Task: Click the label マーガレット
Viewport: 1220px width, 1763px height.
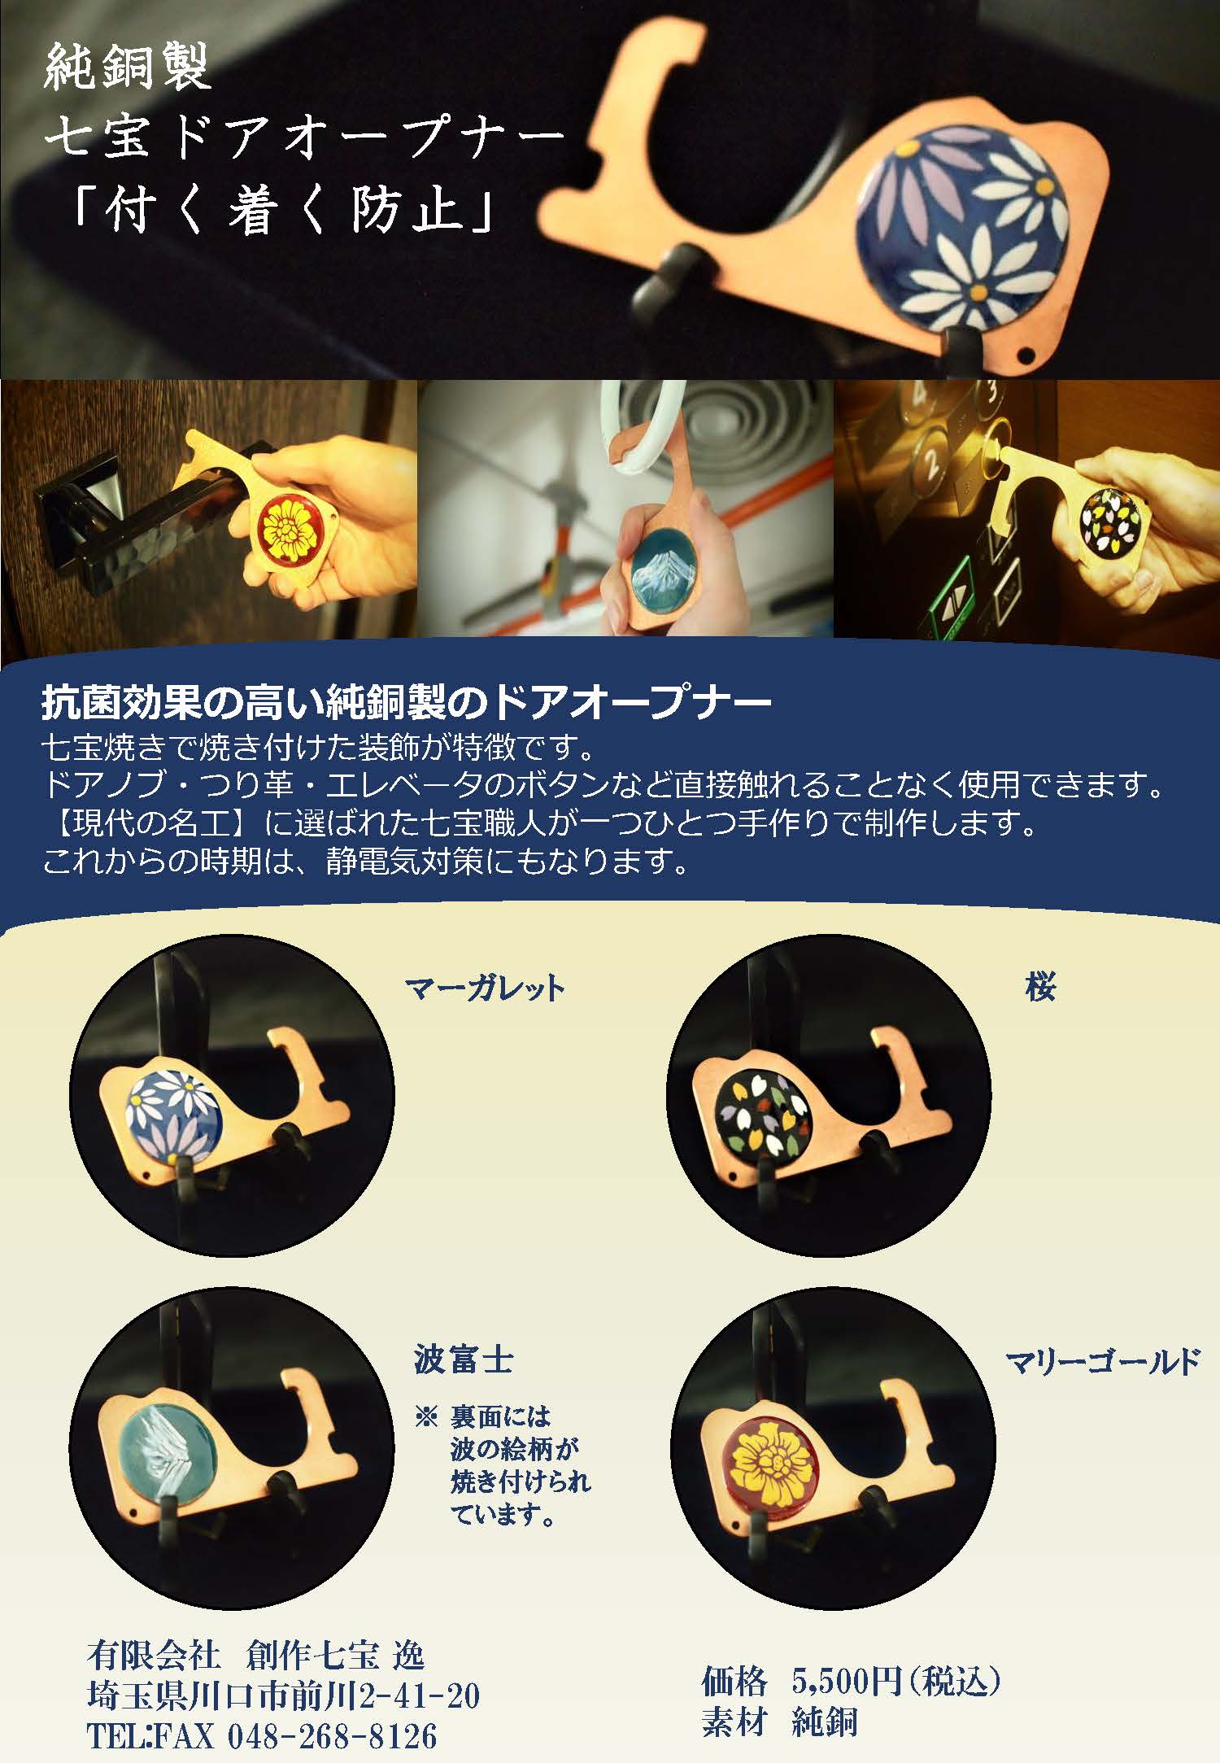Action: click(485, 988)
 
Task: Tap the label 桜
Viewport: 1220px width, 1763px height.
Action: click(1040, 987)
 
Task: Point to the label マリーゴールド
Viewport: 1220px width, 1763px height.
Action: click(1103, 1361)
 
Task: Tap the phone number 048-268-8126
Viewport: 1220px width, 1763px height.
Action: click(332, 1736)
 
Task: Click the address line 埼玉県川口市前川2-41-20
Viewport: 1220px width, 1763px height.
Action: click(283, 1696)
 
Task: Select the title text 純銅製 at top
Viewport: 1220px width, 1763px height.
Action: click(128, 68)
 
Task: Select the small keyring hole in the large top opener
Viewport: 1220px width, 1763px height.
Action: click(1032, 356)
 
